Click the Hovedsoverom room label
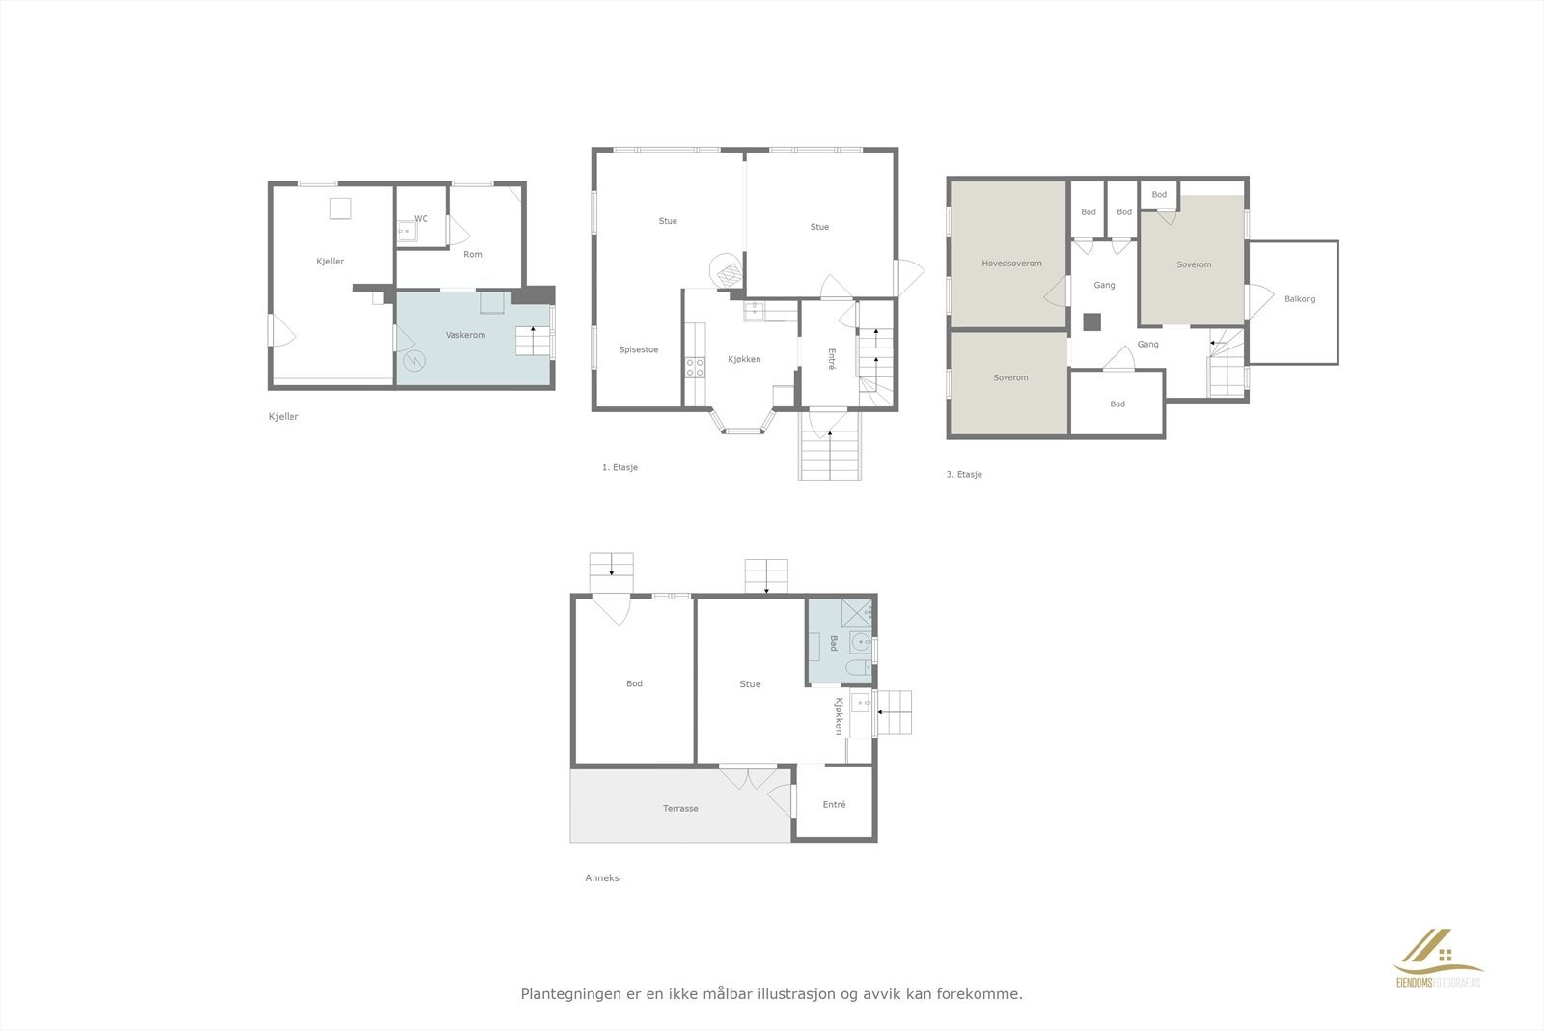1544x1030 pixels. coord(1011,264)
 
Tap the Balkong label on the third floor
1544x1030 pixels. coord(1300,299)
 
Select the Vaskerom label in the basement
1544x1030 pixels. coord(465,335)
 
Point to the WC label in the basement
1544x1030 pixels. coord(421,219)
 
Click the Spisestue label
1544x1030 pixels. coord(638,349)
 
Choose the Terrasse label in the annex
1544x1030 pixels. coord(680,809)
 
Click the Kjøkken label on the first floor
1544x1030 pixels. coord(744,360)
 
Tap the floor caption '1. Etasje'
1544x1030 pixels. coord(620,468)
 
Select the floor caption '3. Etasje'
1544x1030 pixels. coord(963,475)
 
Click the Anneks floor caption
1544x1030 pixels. coord(602,878)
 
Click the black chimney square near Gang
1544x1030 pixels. coord(1092,322)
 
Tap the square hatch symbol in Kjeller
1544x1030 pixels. coord(340,209)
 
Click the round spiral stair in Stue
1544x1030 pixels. coord(727,270)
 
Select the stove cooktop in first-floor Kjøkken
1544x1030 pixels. coord(694,367)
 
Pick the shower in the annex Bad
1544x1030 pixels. coord(856,611)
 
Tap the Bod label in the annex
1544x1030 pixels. coord(634,684)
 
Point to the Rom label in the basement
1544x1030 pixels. coord(472,255)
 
